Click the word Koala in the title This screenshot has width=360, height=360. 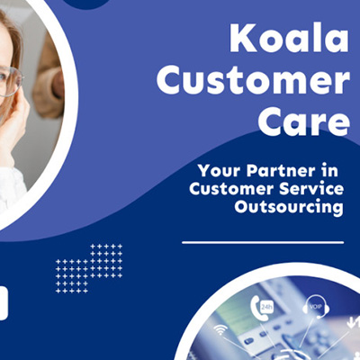286,40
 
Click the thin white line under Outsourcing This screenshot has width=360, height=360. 262,242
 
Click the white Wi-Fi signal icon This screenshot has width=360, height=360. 220,330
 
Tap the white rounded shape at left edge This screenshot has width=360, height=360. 4,302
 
